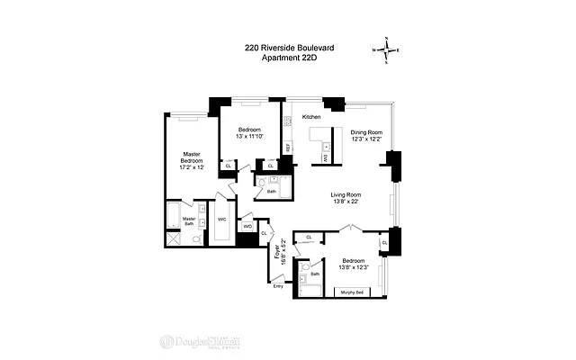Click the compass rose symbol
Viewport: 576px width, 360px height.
tap(387, 50)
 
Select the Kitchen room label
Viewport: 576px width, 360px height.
tap(311, 118)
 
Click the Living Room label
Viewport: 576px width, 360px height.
tap(346, 195)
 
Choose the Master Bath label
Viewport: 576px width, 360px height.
tap(190, 221)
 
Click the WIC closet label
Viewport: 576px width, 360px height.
tap(222, 220)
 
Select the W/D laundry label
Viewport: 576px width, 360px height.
tap(247, 226)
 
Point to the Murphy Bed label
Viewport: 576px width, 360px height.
tap(355, 292)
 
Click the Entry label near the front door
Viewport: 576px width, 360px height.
tap(278, 286)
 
